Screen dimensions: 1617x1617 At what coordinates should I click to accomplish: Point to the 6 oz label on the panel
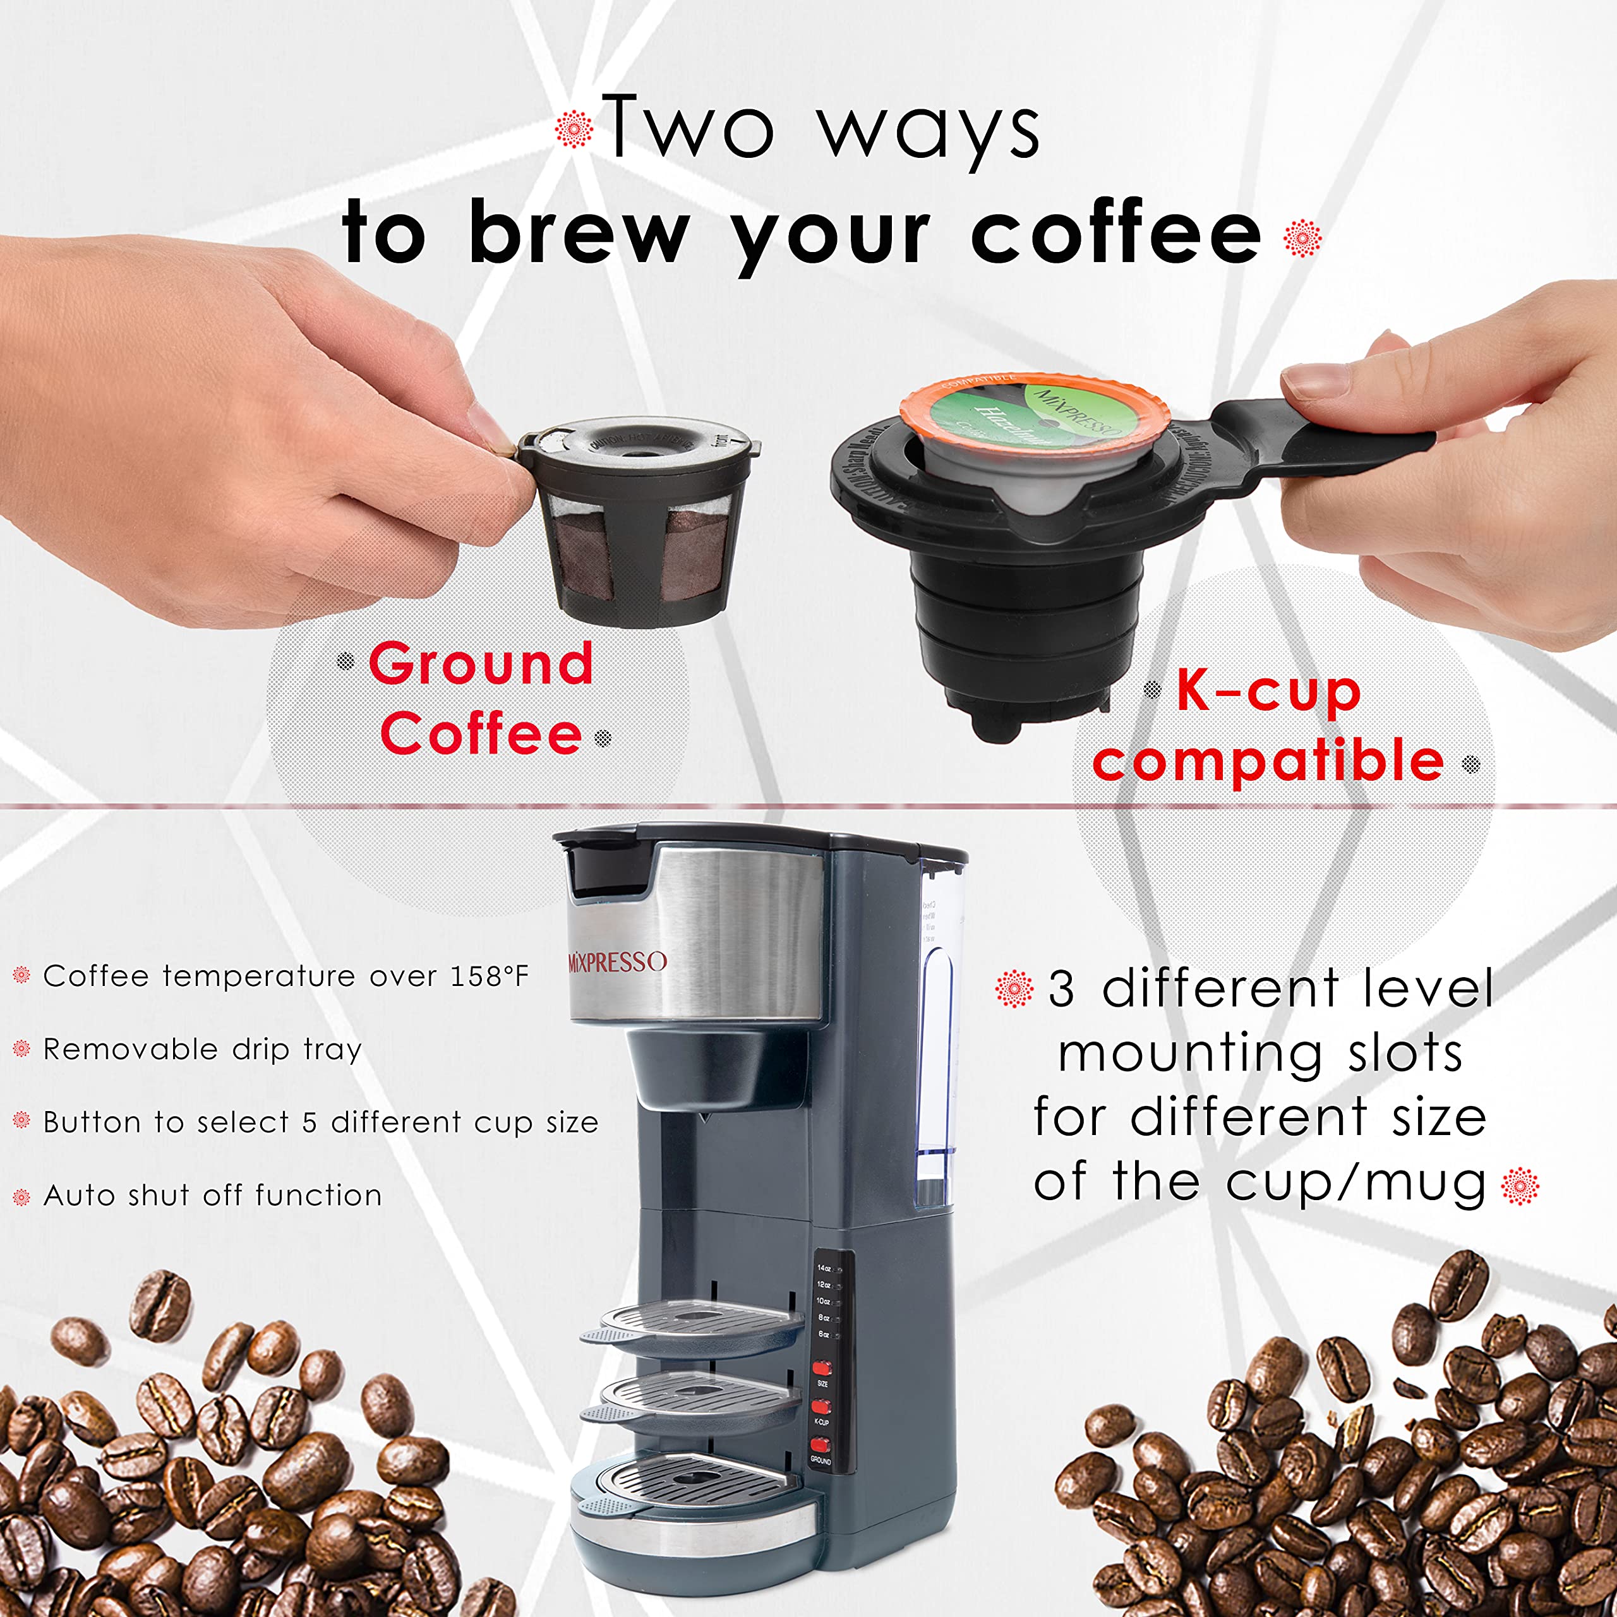pos(824,1334)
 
